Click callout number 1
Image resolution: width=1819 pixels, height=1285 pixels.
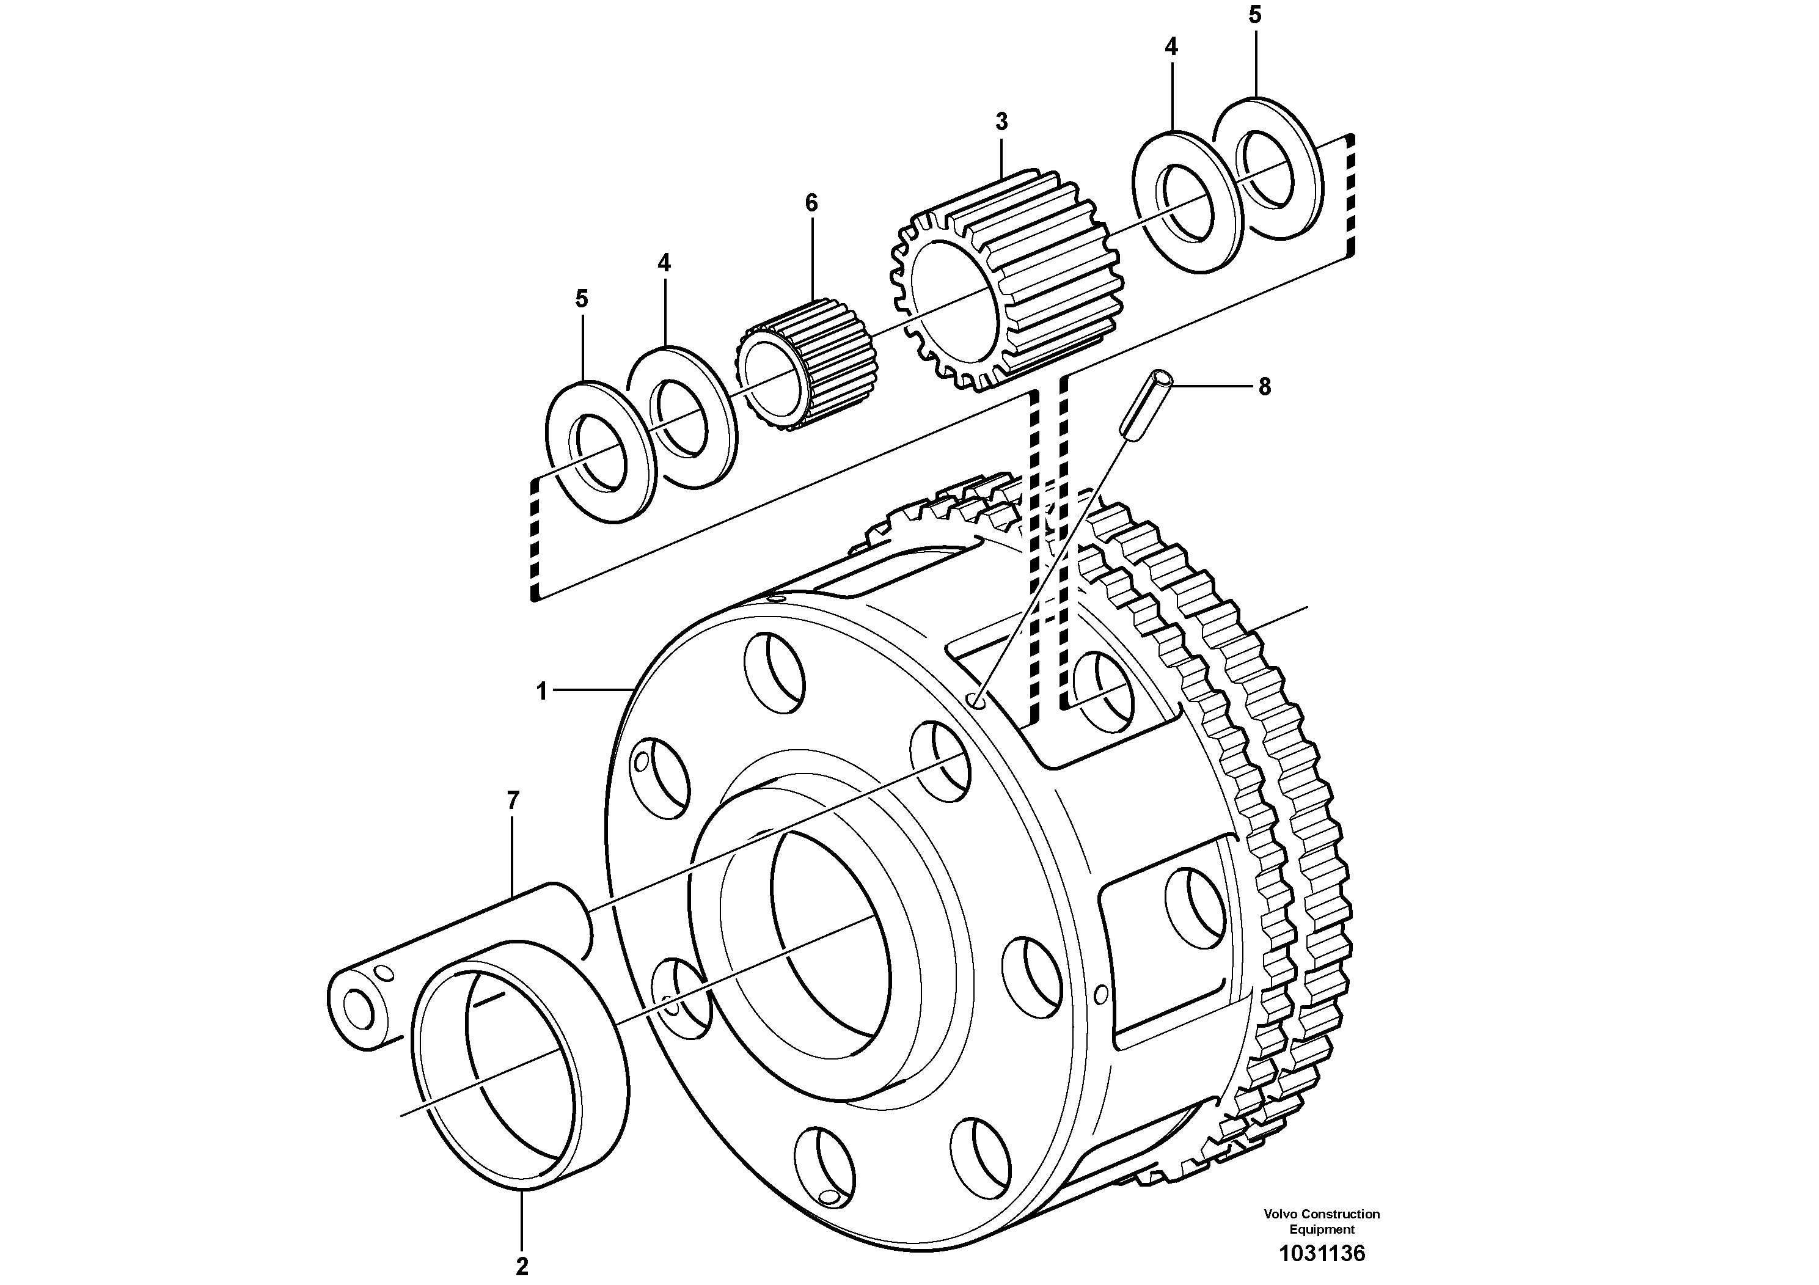coord(542,692)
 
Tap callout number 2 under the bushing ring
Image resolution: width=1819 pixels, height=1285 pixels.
coord(521,1265)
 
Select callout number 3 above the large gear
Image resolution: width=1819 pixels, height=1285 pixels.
coord(1001,122)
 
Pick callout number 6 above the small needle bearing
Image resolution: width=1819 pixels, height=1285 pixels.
coord(811,203)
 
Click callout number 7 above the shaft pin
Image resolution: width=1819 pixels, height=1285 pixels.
coord(513,801)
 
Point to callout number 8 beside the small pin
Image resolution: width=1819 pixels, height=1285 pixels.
coord(1264,387)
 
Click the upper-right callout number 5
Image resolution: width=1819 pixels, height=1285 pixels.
coord(1255,15)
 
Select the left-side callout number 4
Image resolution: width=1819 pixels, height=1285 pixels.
coord(664,263)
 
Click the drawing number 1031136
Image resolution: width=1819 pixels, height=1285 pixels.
coord(1322,1253)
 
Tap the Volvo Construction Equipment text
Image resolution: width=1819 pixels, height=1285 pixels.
coord(1322,1221)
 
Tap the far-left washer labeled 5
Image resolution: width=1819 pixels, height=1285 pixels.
coord(600,452)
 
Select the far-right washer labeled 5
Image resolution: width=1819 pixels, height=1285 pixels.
coord(1268,168)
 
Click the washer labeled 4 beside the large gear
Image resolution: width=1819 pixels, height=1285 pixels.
coord(1187,202)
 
